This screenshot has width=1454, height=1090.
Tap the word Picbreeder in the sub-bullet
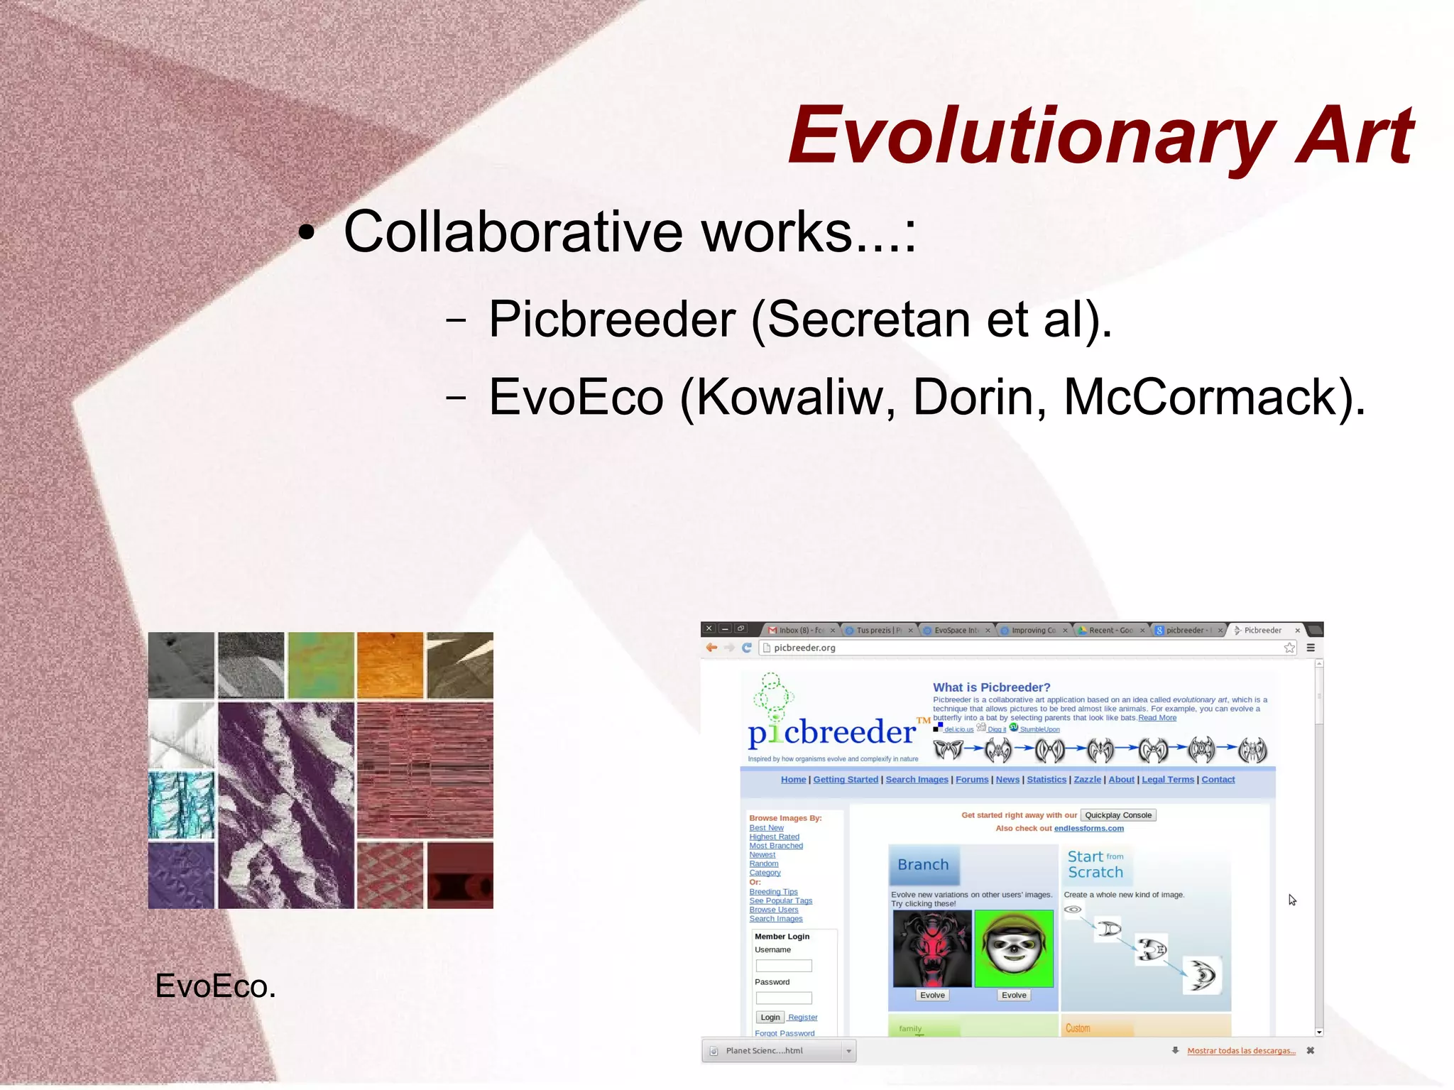point(612,319)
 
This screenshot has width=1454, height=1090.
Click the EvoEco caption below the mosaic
point(215,986)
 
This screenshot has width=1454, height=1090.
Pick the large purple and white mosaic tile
point(285,805)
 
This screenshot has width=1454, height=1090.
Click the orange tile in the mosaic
point(390,665)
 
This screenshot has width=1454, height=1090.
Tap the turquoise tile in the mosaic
point(181,805)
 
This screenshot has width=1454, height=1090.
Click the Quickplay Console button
point(1117,815)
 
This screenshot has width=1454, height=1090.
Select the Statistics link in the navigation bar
point(1046,780)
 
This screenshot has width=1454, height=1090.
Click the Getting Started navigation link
point(845,780)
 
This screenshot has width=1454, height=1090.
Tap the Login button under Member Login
point(770,1017)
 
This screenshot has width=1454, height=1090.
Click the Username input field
point(783,966)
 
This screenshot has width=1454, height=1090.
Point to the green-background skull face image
point(1014,949)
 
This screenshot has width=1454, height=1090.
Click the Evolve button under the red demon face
point(932,995)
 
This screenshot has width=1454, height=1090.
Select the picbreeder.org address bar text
point(804,648)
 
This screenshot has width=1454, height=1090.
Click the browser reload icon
point(747,648)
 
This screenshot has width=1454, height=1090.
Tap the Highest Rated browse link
point(774,836)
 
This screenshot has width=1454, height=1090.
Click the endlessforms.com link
point(1088,828)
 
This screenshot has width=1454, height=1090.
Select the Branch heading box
point(923,864)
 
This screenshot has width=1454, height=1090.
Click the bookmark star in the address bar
point(1289,648)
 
